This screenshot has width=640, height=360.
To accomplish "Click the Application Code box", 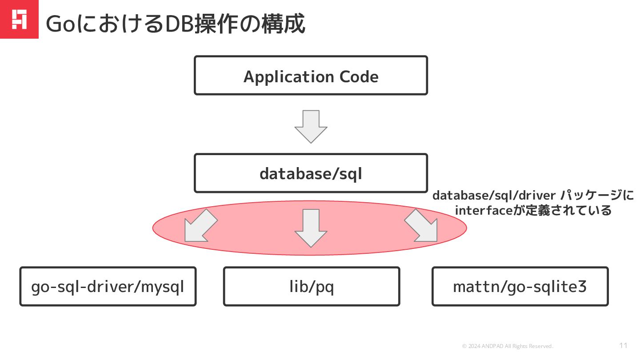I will [311, 76].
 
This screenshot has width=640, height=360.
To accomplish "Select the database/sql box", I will [311, 173].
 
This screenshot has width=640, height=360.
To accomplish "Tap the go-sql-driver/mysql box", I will [108, 287].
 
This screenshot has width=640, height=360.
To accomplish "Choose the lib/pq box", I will [311, 287].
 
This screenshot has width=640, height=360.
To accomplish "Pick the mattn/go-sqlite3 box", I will [520, 287].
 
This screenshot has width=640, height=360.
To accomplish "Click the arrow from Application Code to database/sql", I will [311, 127].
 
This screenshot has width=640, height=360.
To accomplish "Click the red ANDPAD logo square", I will [19, 19].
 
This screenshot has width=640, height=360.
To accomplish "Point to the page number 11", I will [623, 345].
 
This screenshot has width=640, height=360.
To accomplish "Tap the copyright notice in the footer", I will [508, 346].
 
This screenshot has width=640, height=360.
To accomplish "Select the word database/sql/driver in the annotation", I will [493, 196].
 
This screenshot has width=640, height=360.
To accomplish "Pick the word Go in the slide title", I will [60, 24].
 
